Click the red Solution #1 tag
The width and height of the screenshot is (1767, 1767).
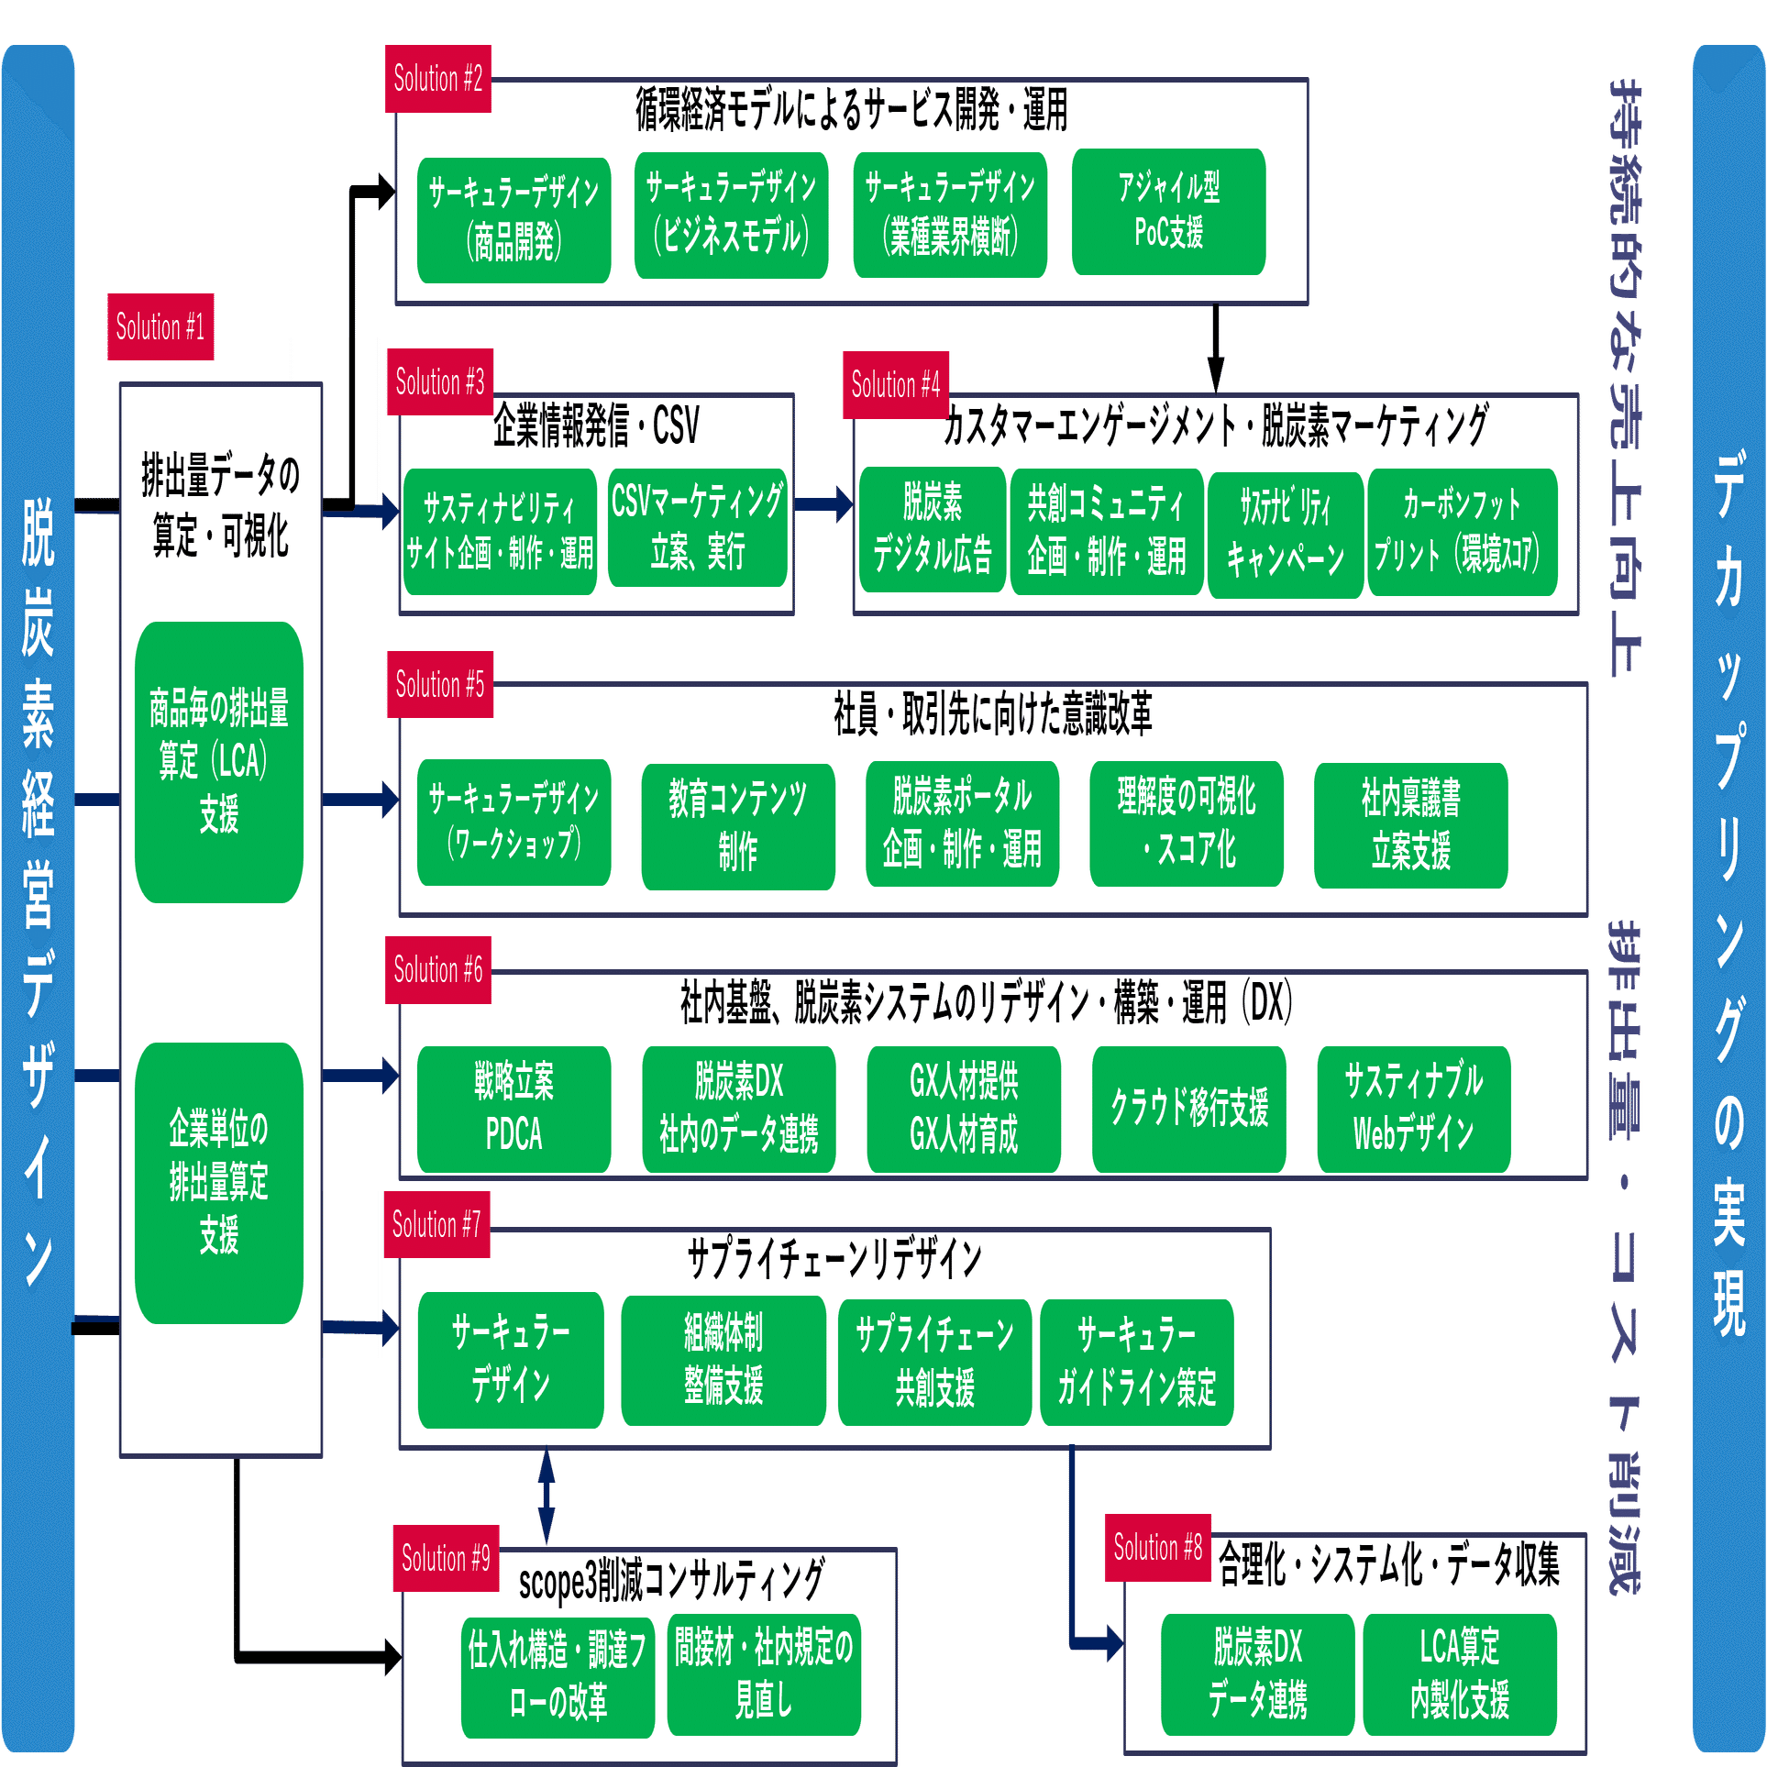pyautogui.click(x=160, y=326)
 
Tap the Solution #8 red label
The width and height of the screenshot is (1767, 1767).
pyautogui.click(x=1157, y=1547)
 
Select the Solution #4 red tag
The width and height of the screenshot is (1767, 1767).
pyautogui.click(x=896, y=384)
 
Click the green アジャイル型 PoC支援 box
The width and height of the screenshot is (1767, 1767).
pyautogui.click(x=1168, y=212)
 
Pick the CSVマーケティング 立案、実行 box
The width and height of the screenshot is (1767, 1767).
pyautogui.click(x=697, y=527)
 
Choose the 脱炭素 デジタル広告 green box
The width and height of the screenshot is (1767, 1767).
pyautogui.click(x=932, y=529)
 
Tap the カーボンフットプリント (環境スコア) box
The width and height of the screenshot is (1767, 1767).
pyautogui.click(x=1462, y=532)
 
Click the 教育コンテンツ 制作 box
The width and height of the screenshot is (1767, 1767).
pyautogui.click(x=738, y=826)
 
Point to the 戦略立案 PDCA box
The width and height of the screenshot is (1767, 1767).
pyautogui.click(x=514, y=1109)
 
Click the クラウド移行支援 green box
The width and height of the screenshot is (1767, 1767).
pyautogui.click(x=1188, y=1109)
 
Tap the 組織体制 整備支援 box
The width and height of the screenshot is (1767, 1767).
pyautogui.click(x=723, y=1360)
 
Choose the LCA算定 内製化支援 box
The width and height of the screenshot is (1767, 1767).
pyautogui.click(x=1460, y=1674)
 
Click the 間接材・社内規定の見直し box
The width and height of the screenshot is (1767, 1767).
pyautogui.click(x=763, y=1675)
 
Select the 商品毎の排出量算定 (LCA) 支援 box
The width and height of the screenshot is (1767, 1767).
pyautogui.click(x=219, y=762)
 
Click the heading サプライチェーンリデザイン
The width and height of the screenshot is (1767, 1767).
pyautogui.click(x=834, y=1259)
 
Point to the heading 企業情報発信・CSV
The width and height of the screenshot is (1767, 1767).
pyautogui.click(x=596, y=425)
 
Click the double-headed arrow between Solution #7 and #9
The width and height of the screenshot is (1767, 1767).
pyautogui.click(x=547, y=1496)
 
